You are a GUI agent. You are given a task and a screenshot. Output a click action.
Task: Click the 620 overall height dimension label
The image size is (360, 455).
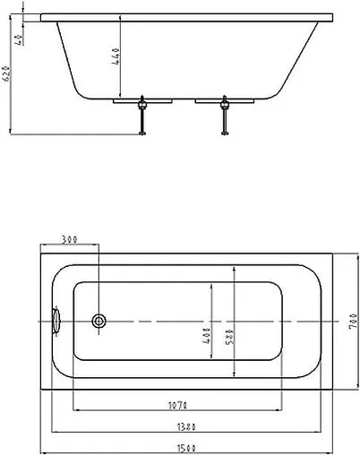pyautogui.click(x=7, y=73)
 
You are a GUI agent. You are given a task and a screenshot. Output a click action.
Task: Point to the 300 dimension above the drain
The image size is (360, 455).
pyautogui.click(x=69, y=239)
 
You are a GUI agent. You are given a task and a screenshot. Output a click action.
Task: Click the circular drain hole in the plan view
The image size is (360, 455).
pyautogui.click(x=99, y=320)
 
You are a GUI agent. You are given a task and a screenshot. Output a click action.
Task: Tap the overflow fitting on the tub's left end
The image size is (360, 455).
pyautogui.click(x=56, y=319)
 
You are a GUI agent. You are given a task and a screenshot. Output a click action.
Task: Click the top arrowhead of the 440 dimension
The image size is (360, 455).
pyautogui.click(x=122, y=22)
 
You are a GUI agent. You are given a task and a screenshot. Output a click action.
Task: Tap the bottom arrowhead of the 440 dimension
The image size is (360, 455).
pyautogui.click(x=122, y=95)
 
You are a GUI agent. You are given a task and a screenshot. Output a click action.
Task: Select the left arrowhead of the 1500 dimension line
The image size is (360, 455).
pyautogui.click(x=45, y=451)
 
